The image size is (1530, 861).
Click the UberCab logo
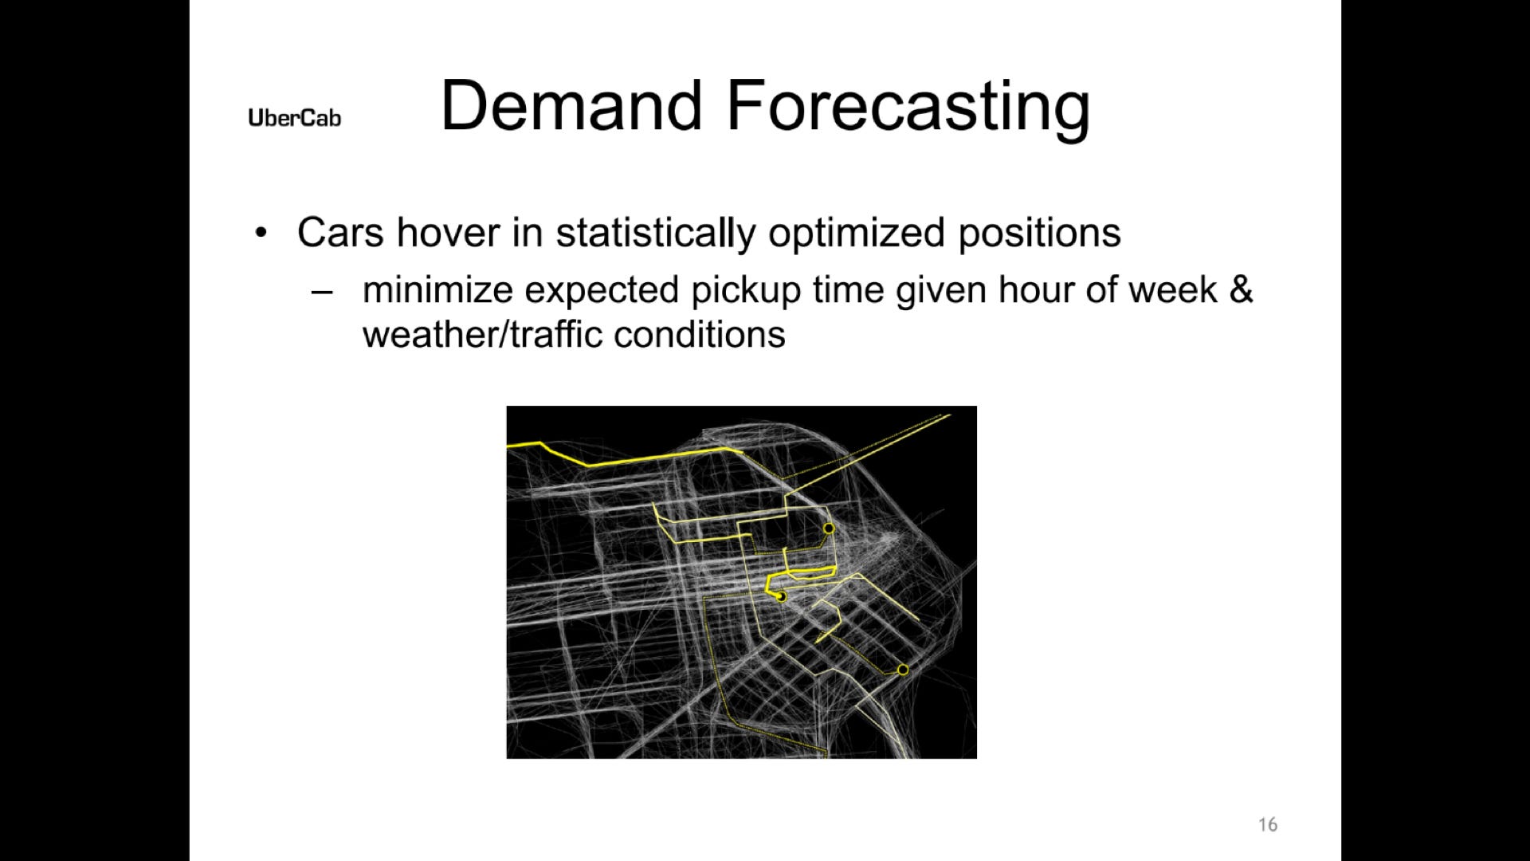[294, 118]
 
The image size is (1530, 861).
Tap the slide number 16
[1268, 824]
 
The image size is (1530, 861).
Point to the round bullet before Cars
[261, 234]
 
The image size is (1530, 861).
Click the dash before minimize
[321, 291]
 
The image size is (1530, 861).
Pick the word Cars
[341, 233]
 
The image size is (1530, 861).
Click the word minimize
[437, 289]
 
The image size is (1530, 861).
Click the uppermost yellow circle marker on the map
[829, 529]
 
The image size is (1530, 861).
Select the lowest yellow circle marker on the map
[903, 670]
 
